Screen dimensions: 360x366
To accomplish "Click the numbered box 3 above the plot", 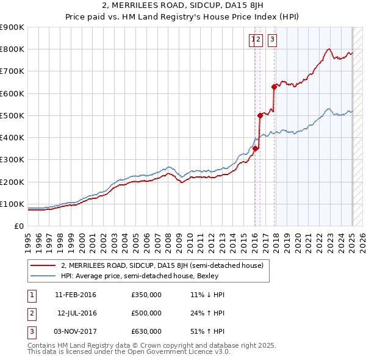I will coord(271,40).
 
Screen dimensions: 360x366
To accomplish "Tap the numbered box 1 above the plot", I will coord(252,40).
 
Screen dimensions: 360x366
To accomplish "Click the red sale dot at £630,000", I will coord(274,87).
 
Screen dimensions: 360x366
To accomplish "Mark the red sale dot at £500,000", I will coord(260,115).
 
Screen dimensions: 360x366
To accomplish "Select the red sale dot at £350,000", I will coord(256,148).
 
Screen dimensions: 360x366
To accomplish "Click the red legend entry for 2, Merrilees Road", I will coord(162,265).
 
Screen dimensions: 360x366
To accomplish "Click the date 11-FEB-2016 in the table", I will coord(76,295).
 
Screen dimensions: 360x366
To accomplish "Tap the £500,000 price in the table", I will coord(146,313).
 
